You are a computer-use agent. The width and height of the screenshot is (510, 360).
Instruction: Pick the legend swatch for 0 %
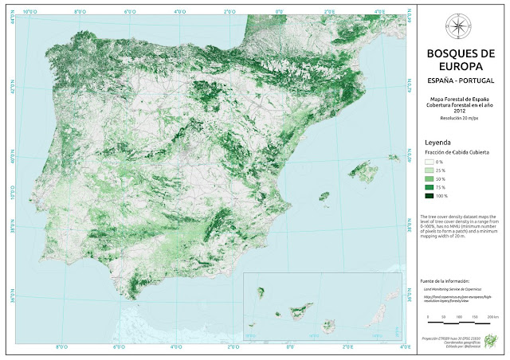tap(429, 162)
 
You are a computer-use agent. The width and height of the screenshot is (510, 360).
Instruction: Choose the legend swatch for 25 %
tap(429, 170)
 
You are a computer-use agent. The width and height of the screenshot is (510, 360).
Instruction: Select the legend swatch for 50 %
tap(429, 179)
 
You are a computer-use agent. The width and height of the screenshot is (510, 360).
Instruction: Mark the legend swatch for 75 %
tap(429, 187)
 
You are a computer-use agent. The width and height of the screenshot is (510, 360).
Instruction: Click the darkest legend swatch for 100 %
tap(429, 196)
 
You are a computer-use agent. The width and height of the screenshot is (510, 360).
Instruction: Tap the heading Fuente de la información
tap(446, 281)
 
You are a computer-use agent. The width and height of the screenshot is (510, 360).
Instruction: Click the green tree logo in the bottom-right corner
tap(492, 338)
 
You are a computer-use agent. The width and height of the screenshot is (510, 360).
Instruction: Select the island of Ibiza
tap(324, 196)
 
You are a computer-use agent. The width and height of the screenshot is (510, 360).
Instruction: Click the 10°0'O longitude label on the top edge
tap(32, 12)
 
